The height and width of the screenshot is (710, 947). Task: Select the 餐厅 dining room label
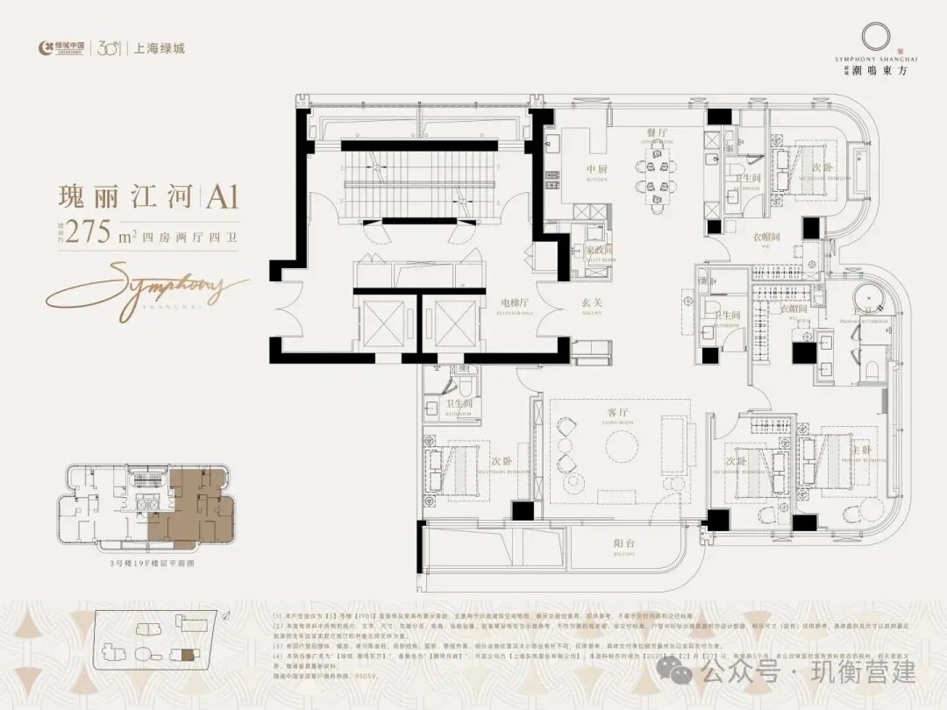(659, 132)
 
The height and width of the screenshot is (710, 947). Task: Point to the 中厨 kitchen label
(597, 170)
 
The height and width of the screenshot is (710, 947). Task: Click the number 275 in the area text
(91, 231)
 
